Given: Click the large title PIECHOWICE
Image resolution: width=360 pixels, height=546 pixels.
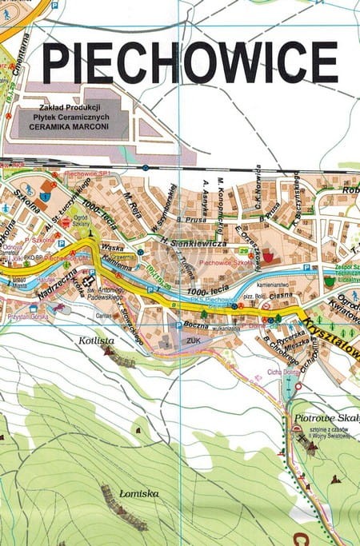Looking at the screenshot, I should (190, 62).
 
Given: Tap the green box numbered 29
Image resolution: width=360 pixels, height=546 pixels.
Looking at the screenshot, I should (242, 252).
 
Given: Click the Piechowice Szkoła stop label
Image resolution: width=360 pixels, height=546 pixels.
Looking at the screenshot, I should (226, 262).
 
